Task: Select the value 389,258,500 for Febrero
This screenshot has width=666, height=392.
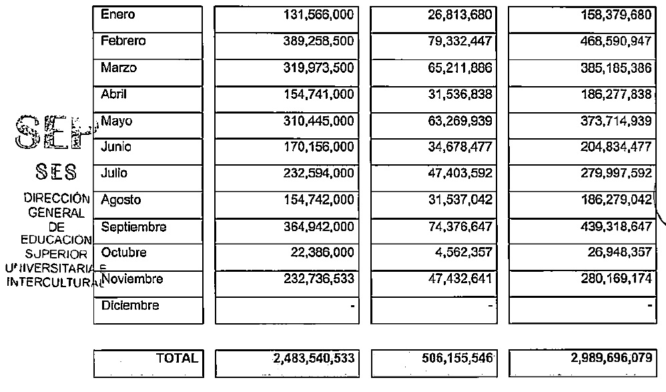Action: pos(315,41)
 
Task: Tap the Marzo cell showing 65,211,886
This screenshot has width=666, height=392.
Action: pos(460,68)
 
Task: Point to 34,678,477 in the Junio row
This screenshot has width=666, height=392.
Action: pos(460,147)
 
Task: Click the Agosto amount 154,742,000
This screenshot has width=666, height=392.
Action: pos(315,200)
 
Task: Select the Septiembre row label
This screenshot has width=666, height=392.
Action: pos(133,227)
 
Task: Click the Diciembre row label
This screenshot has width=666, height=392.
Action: pos(130,306)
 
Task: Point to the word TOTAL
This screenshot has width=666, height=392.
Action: pos(177,359)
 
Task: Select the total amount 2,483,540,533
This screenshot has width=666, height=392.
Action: pos(313,359)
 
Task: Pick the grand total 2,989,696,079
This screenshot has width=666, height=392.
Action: pos(611,359)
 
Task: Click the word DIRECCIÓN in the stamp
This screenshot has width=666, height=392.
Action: pos(56,198)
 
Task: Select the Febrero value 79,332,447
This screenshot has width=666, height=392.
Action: pos(460,41)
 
